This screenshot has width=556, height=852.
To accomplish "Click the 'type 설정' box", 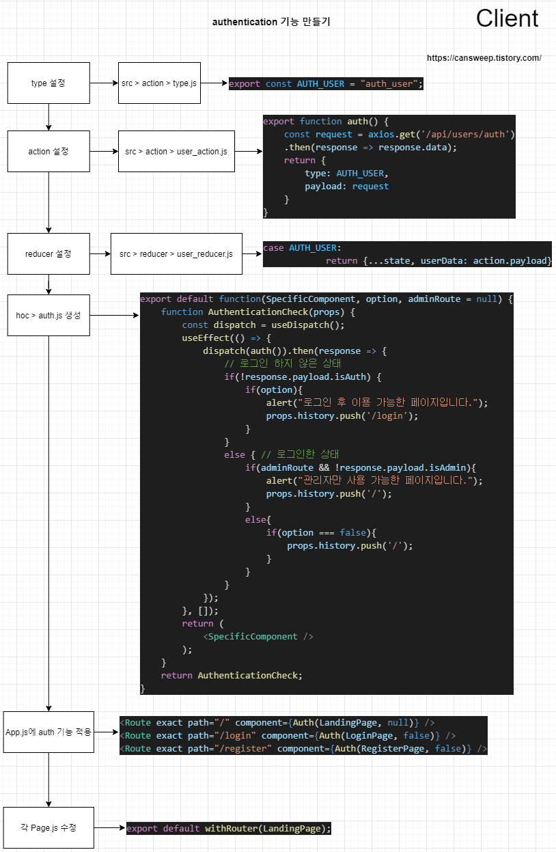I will click(x=48, y=83).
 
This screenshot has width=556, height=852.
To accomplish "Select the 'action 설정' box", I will click(x=48, y=151).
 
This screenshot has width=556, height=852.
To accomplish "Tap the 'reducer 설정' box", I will click(x=48, y=253).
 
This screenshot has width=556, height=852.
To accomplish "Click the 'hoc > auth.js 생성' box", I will click(x=48, y=316).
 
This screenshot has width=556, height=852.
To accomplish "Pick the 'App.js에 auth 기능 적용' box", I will click(x=48, y=732).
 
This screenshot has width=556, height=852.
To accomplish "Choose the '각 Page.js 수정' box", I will click(x=48, y=827).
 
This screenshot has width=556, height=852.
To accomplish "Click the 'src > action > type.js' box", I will click(x=159, y=83).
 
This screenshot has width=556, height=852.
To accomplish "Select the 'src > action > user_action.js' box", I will click(x=176, y=151).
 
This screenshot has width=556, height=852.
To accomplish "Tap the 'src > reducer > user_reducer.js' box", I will click(x=176, y=253).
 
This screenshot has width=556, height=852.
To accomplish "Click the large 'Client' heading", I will click(x=507, y=18).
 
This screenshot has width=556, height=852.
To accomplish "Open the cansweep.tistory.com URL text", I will click(x=484, y=58).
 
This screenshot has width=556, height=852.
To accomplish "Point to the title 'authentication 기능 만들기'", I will click(x=271, y=22).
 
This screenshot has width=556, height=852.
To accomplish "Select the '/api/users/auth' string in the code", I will click(x=468, y=135).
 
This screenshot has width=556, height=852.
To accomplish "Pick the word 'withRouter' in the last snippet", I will click(x=232, y=829).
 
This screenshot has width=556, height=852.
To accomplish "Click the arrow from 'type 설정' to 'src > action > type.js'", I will click(x=104, y=83).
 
